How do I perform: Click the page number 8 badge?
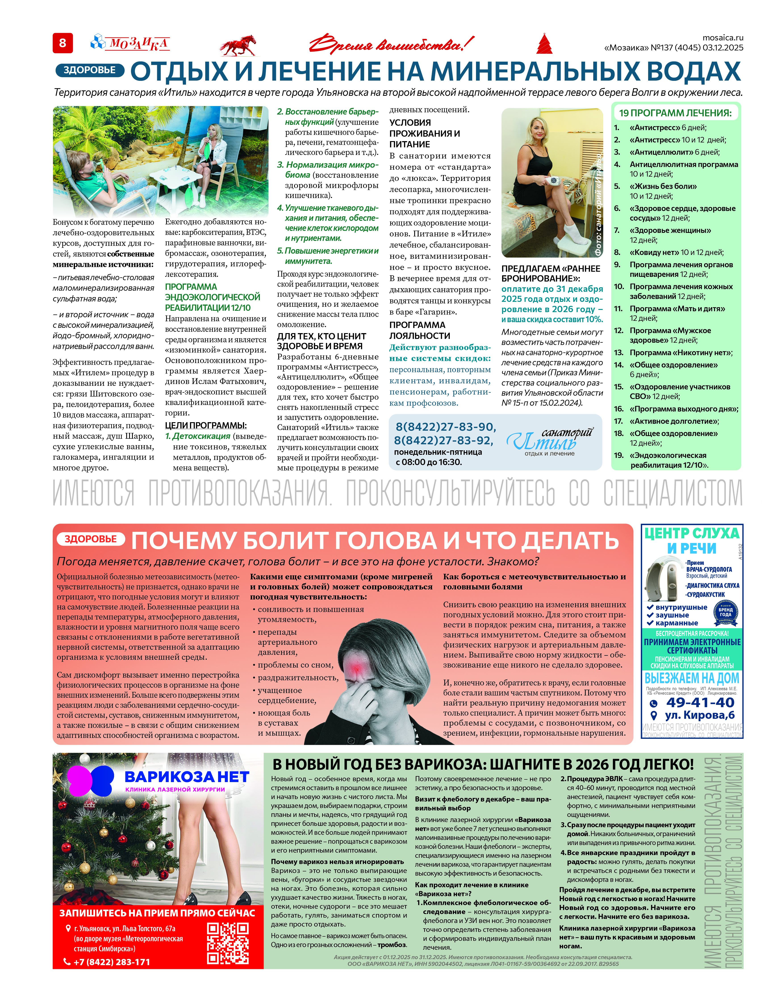pyautogui.click(x=63, y=43)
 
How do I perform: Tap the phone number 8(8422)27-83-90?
pyautogui.click(x=446, y=427)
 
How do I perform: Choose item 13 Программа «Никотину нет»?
pyautogui.click(x=680, y=353)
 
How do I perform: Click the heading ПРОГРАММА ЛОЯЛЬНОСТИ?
pyautogui.click(x=420, y=330)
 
